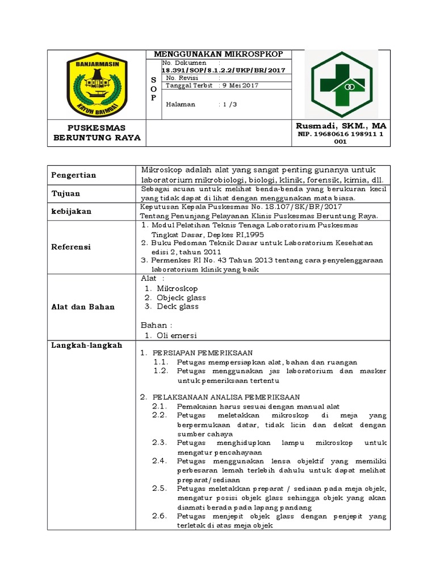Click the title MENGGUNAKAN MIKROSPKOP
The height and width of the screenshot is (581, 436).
click(x=219, y=54)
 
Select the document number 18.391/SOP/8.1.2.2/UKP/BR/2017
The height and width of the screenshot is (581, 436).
click(x=223, y=70)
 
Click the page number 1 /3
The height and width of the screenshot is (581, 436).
click(x=232, y=104)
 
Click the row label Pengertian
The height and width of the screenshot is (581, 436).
click(x=74, y=175)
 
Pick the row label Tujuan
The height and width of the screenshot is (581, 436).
click(x=67, y=193)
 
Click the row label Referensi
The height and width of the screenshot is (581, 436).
click(x=71, y=247)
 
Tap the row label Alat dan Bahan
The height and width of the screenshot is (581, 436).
click(x=83, y=307)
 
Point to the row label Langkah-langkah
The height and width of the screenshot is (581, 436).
click(x=87, y=346)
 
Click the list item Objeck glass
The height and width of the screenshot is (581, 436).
click(x=181, y=297)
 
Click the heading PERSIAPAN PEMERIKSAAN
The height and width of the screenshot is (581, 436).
click(x=202, y=352)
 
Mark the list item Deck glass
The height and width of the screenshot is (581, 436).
click(x=178, y=306)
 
